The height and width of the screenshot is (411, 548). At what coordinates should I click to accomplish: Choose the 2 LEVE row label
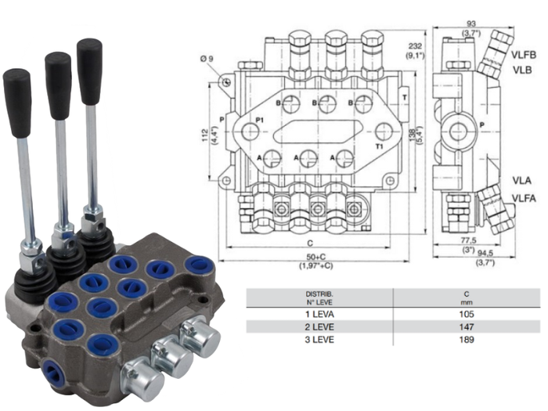pos(319,326)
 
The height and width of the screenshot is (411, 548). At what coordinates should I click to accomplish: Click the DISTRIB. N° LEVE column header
pos(319,298)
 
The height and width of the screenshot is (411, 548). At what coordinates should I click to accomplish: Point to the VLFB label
pos(524,54)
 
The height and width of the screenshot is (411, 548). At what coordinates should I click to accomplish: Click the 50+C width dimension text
pos(315,258)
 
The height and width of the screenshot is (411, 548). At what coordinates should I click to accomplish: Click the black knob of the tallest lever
pos(89,60)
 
